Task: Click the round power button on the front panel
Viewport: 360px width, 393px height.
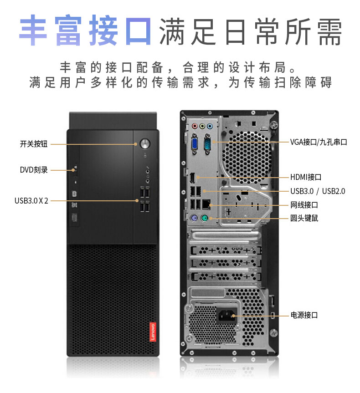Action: coord(145,143)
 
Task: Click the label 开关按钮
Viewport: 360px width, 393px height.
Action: coord(33,144)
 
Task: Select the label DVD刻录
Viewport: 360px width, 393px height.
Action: coord(34,170)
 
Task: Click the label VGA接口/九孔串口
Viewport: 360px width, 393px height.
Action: coord(319,142)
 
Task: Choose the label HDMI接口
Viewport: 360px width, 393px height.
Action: coord(306,177)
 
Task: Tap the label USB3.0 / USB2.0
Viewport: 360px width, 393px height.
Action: coord(318,191)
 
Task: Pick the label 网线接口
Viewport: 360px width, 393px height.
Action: coord(304,205)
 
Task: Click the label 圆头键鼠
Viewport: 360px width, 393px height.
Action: coord(304,218)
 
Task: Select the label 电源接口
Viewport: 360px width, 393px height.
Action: coord(304,315)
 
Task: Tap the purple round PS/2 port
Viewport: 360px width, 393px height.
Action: coord(194,219)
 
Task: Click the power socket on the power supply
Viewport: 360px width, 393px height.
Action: coord(226,314)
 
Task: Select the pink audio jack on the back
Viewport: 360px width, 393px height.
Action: coord(195,126)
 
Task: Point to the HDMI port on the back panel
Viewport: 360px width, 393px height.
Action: coord(193,177)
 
